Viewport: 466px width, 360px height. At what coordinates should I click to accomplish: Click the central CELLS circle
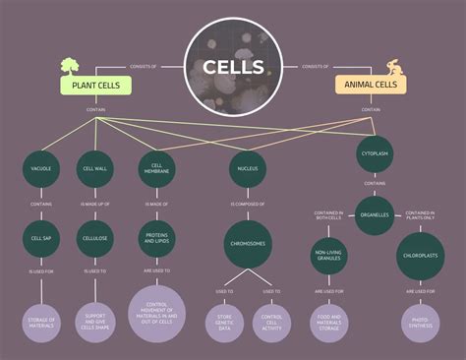(x=233, y=67)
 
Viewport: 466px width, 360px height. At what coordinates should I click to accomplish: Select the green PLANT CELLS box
(x=95, y=86)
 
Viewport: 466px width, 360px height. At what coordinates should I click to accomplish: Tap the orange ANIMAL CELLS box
(x=372, y=86)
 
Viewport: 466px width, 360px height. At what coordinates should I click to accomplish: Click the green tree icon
(x=70, y=66)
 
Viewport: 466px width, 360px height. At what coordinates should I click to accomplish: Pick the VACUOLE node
(x=41, y=169)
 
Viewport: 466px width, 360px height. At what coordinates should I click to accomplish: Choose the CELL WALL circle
(x=95, y=169)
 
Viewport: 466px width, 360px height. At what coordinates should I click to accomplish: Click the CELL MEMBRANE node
(x=156, y=169)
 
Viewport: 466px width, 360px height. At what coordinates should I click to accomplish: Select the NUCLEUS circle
(x=248, y=169)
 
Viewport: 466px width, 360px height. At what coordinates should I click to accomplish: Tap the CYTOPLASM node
(x=374, y=153)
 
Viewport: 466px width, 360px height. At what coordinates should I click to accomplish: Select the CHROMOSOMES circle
(x=248, y=241)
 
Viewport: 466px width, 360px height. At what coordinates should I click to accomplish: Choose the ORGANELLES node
(x=374, y=214)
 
